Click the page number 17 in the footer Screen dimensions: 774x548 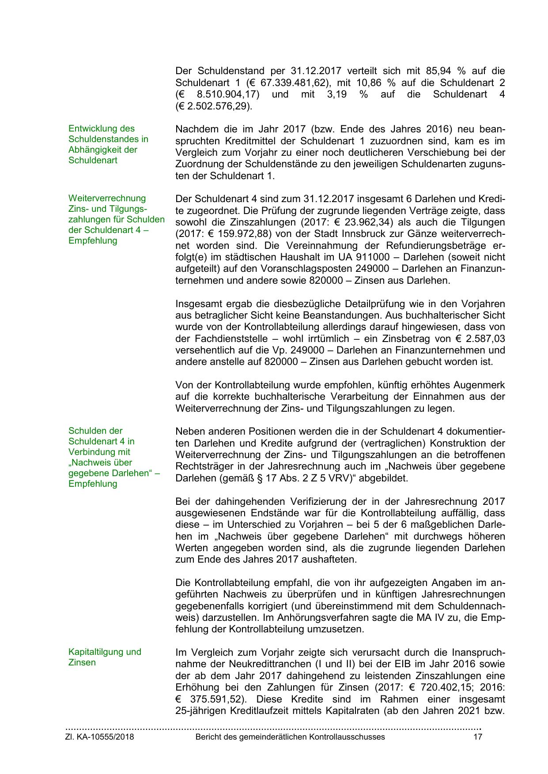477,737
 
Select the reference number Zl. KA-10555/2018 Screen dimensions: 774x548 99,737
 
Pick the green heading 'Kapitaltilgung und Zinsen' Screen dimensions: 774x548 105,657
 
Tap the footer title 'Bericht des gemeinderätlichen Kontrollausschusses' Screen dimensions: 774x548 290,737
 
